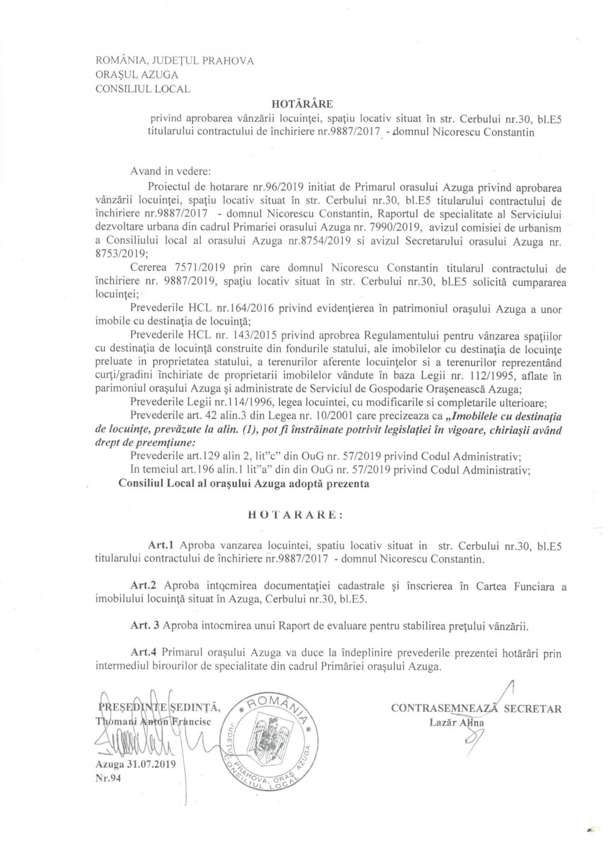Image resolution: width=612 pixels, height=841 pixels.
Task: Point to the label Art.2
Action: tap(144, 586)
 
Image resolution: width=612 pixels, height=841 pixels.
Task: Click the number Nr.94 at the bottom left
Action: tap(106, 779)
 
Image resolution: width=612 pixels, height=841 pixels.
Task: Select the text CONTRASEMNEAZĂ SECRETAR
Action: tap(476, 709)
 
